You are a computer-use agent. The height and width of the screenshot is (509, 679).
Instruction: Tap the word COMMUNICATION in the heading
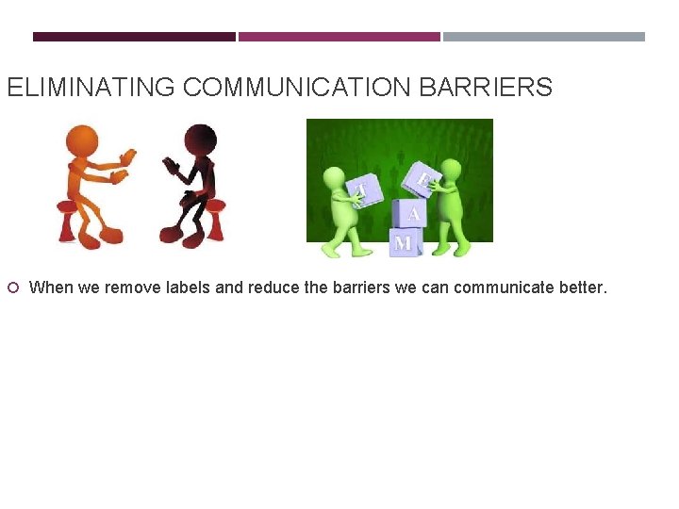tap(295, 89)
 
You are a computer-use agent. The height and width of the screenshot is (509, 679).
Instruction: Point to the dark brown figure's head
tap(201, 140)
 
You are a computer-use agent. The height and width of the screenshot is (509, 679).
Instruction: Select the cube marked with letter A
tap(412, 213)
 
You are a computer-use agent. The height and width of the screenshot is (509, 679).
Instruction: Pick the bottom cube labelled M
tap(405, 242)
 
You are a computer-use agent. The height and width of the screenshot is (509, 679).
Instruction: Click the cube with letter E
tap(420, 179)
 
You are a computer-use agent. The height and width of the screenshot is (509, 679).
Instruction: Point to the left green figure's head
tap(335, 178)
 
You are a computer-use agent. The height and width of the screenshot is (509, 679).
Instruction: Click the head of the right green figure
tap(451, 171)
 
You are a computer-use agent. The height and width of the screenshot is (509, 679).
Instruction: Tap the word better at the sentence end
tap(583, 287)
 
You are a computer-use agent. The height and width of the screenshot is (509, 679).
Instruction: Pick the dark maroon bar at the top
tap(134, 37)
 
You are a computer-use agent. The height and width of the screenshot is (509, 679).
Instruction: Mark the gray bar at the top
tap(544, 37)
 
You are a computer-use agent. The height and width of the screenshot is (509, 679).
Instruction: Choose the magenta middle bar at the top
tap(339, 37)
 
